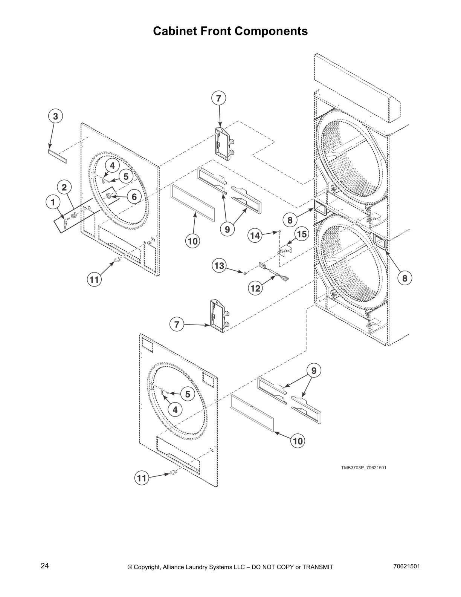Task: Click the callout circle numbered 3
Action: click(x=55, y=116)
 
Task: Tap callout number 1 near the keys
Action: click(x=53, y=202)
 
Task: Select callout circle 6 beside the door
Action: click(x=134, y=196)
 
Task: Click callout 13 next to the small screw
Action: click(x=219, y=266)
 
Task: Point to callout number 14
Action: click(x=255, y=236)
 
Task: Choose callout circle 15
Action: click(x=302, y=234)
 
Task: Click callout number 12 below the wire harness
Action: click(x=255, y=288)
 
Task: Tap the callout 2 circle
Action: click(x=64, y=187)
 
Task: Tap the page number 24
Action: click(x=44, y=566)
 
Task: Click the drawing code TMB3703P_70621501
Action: click(x=363, y=468)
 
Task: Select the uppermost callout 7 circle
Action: click(x=218, y=98)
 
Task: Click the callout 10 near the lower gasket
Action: click(x=298, y=441)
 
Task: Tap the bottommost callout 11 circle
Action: click(x=141, y=478)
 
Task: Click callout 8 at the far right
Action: click(x=405, y=278)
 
